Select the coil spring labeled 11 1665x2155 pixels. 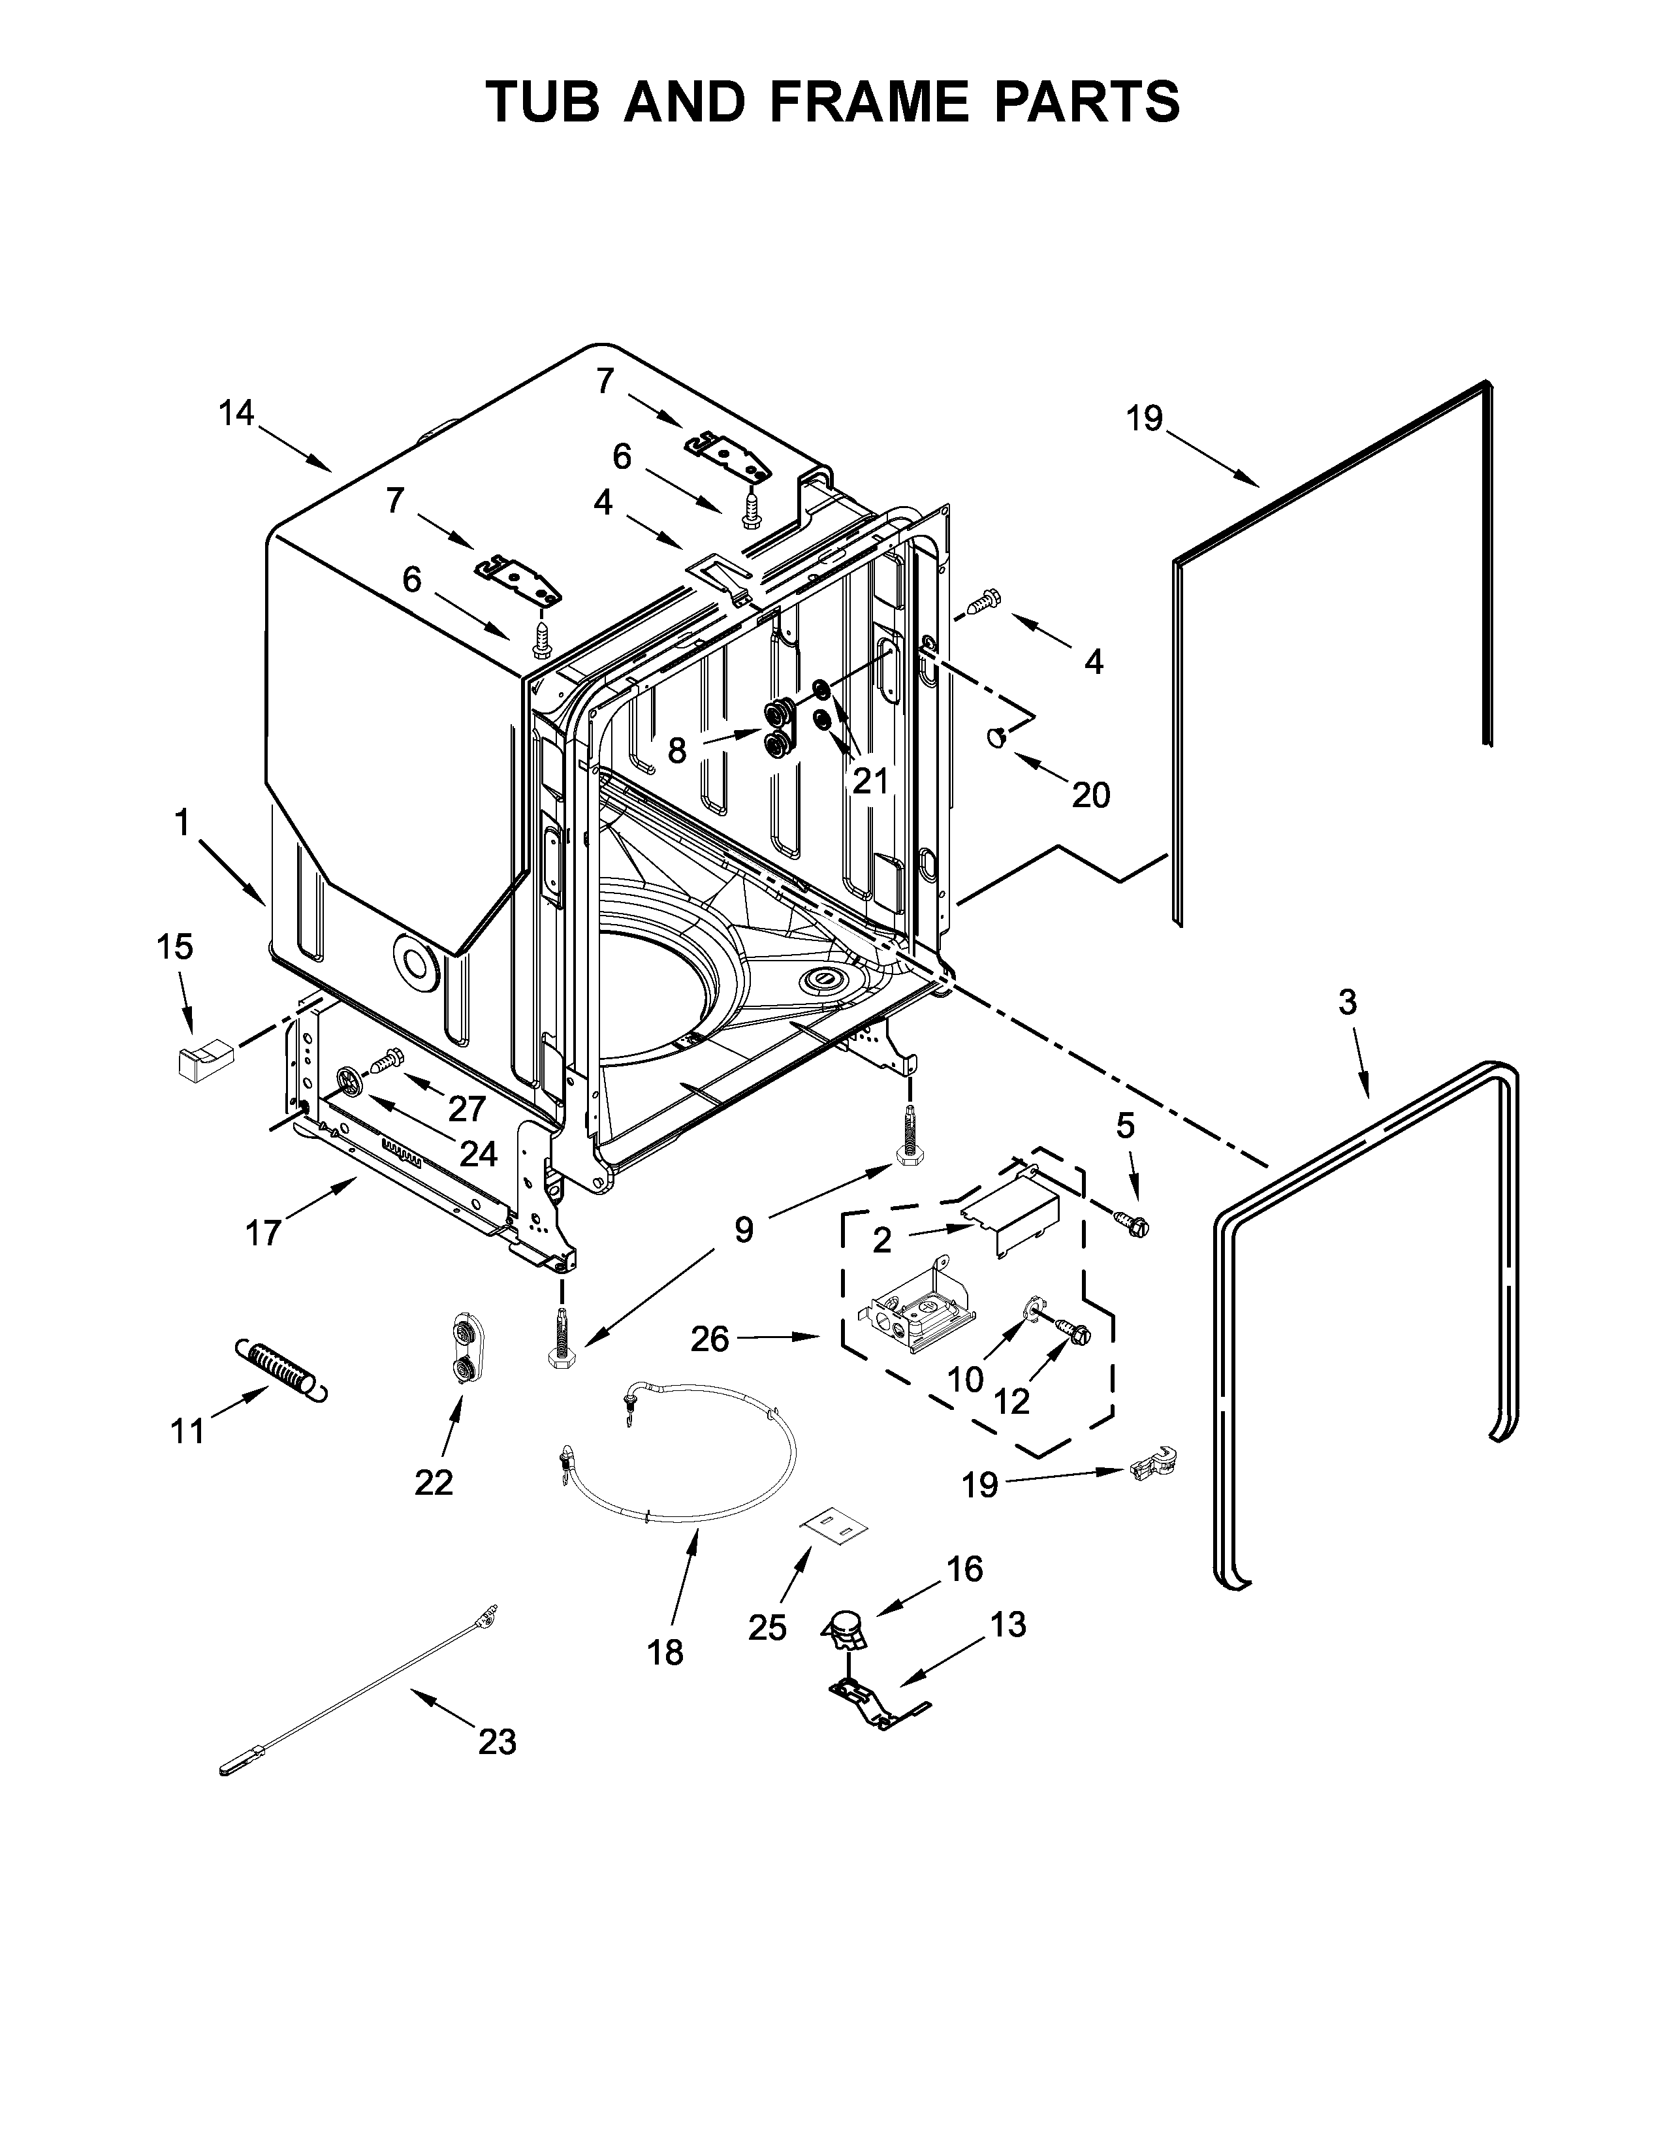[281, 1369]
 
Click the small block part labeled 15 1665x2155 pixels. [201, 1062]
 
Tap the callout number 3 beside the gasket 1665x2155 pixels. [1348, 1002]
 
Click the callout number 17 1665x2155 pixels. [263, 1232]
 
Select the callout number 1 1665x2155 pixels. [182, 822]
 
